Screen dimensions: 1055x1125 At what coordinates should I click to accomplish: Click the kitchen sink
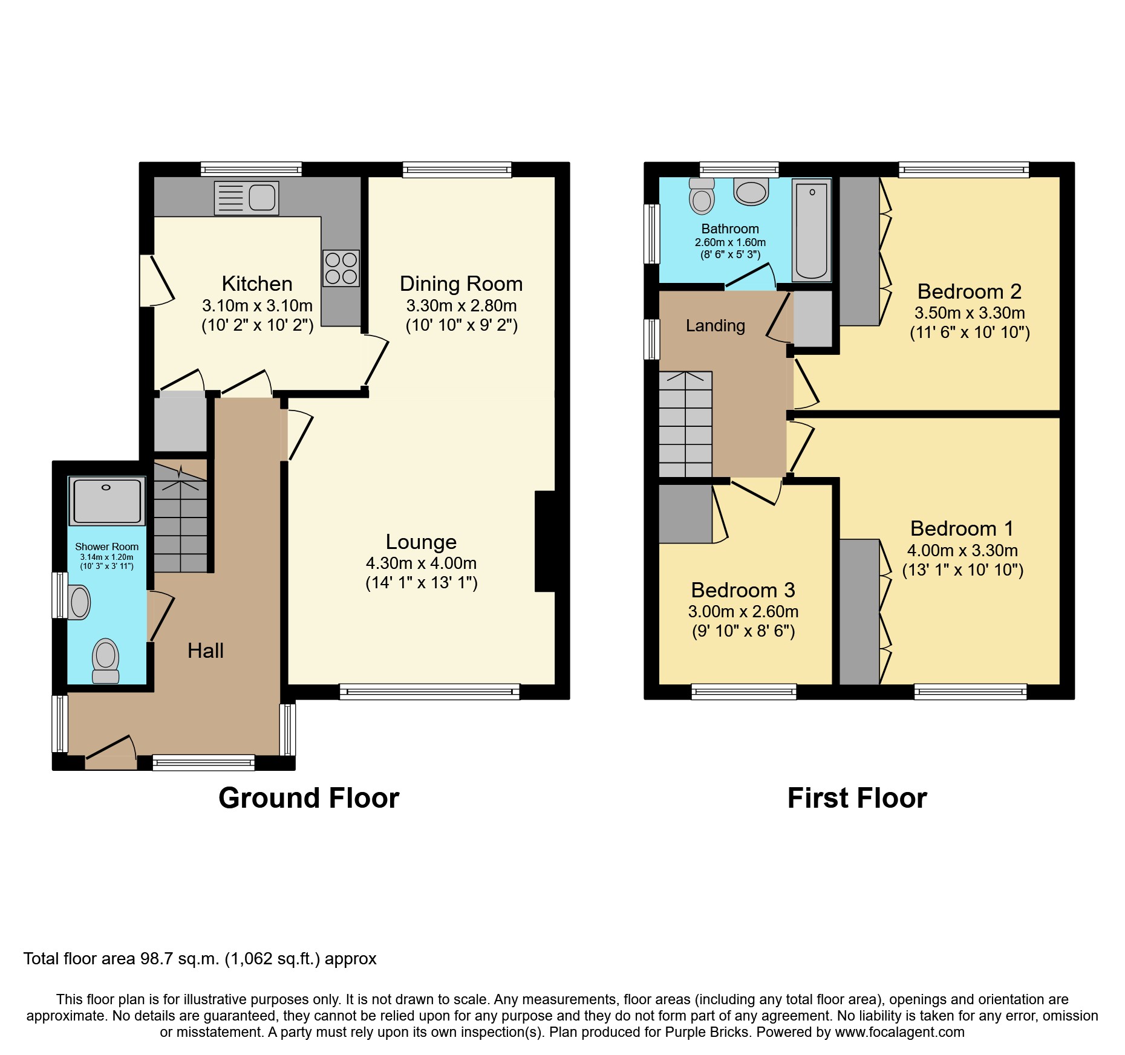[247, 198]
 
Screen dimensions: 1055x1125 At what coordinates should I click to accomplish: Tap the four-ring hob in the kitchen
[341, 268]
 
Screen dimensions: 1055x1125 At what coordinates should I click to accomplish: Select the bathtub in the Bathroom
[812, 231]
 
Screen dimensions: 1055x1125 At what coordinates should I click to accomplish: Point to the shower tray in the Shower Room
[107, 501]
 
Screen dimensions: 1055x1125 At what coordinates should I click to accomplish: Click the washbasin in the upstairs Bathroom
[751, 192]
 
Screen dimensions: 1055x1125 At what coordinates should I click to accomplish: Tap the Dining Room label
[461, 284]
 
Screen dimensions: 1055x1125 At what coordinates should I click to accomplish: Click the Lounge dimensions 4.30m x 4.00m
[421, 563]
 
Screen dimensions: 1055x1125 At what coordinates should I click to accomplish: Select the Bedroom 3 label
[743, 589]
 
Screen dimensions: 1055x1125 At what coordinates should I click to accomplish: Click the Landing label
[715, 326]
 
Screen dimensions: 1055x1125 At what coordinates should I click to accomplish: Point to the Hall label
[206, 651]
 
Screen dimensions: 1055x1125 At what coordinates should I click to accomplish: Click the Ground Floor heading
[308, 798]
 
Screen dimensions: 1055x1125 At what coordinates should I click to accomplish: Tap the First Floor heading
[857, 798]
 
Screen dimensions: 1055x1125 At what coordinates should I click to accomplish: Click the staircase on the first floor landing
[685, 425]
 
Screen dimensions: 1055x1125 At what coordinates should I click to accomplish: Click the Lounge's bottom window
[429, 691]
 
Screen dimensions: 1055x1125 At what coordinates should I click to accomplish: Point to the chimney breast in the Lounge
[545, 541]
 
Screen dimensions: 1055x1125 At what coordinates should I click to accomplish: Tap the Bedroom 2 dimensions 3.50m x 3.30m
[970, 313]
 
